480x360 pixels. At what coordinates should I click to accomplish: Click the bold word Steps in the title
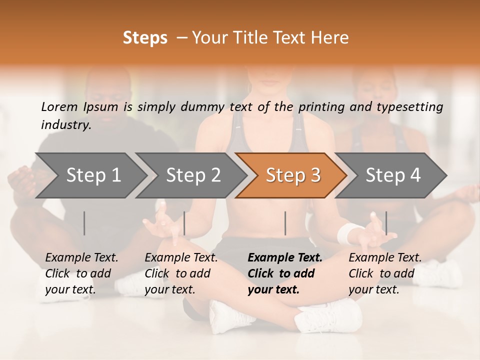(145, 38)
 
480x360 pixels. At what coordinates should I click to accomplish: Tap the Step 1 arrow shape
(90, 175)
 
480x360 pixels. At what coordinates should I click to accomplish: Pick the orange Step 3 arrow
(291, 175)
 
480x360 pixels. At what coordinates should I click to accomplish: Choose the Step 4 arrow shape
(391, 175)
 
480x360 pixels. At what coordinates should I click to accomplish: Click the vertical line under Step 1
(84, 223)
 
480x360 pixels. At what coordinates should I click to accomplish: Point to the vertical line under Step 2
(184, 223)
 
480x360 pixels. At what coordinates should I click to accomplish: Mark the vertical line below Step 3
(285, 223)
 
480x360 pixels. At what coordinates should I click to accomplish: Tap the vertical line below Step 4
(386, 223)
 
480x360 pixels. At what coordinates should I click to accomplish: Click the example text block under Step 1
(81, 273)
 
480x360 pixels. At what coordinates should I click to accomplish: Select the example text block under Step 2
(181, 273)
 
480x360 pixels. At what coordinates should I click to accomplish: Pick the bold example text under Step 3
(285, 273)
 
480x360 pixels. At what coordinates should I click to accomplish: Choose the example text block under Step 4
(385, 273)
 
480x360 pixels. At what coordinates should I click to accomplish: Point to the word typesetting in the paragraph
(410, 106)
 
